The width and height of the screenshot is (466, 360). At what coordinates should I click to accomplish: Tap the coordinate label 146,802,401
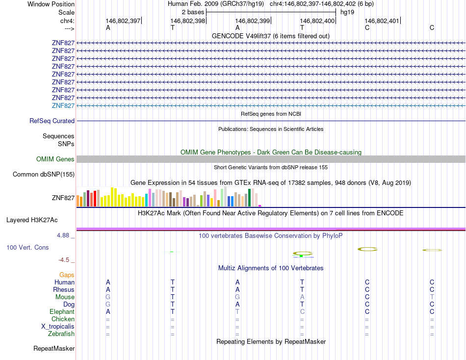(382, 21)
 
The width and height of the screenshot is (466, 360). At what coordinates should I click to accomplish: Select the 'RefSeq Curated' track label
(52, 121)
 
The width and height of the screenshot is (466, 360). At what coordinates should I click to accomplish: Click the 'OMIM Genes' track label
(55, 159)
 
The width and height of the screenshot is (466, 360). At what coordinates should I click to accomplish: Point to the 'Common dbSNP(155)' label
(44, 174)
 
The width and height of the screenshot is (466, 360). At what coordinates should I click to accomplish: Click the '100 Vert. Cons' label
(27, 248)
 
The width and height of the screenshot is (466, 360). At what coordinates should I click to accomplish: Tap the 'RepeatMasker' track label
(54, 349)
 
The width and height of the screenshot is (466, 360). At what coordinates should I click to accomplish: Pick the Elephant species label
(62, 311)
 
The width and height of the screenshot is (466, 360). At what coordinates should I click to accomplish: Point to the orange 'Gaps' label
(67, 275)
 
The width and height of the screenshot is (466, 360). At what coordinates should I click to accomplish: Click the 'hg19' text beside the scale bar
(347, 11)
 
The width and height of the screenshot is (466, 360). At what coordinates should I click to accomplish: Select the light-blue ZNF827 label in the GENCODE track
(63, 105)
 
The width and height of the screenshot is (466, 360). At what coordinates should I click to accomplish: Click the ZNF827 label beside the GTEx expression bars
(63, 198)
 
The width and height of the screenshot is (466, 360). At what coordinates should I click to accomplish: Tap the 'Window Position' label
(51, 4)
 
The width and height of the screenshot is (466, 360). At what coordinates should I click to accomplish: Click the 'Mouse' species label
(65, 297)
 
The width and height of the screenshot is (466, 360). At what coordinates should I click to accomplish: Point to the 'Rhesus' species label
(64, 289)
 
